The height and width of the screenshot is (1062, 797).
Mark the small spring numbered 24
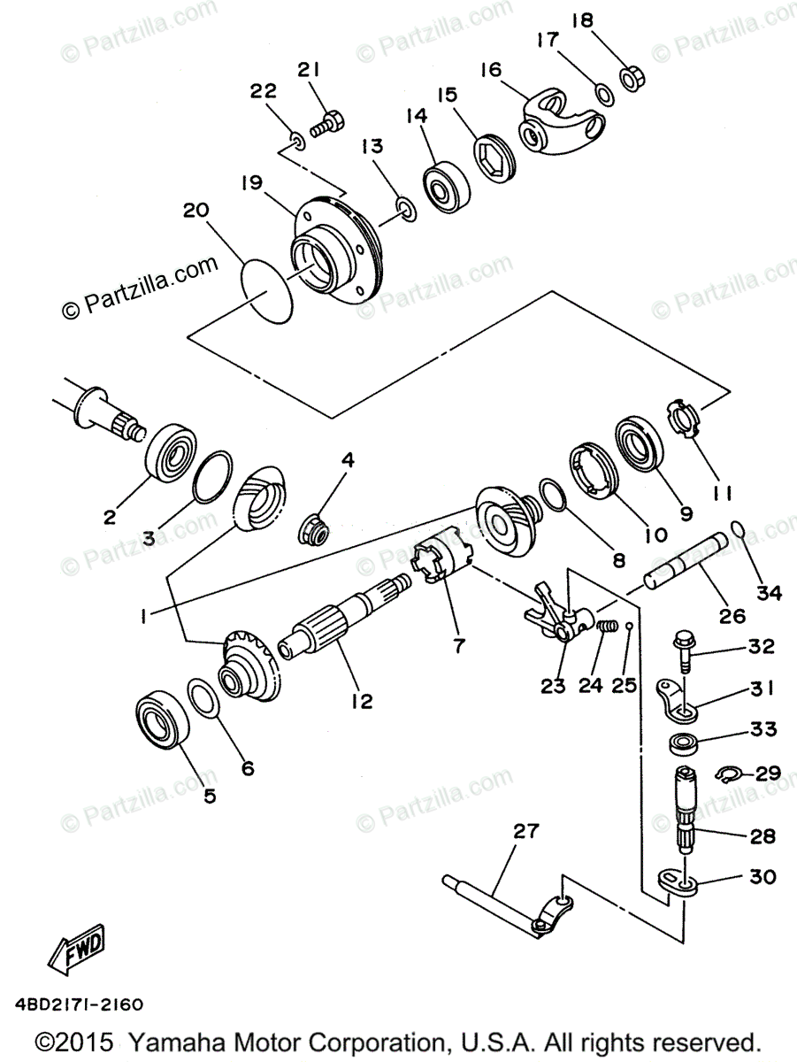click(x=606, y=627)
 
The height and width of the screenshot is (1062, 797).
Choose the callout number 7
click(x=458, y=646)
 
